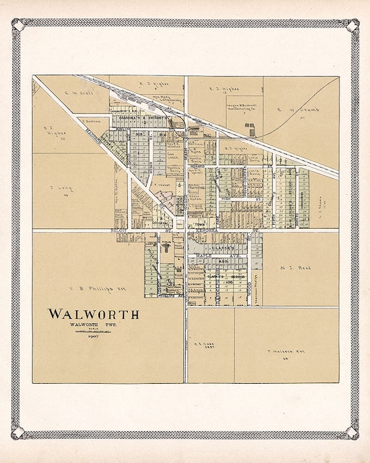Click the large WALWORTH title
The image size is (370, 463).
pos(93,314)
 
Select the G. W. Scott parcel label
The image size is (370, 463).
pos(79,92)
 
